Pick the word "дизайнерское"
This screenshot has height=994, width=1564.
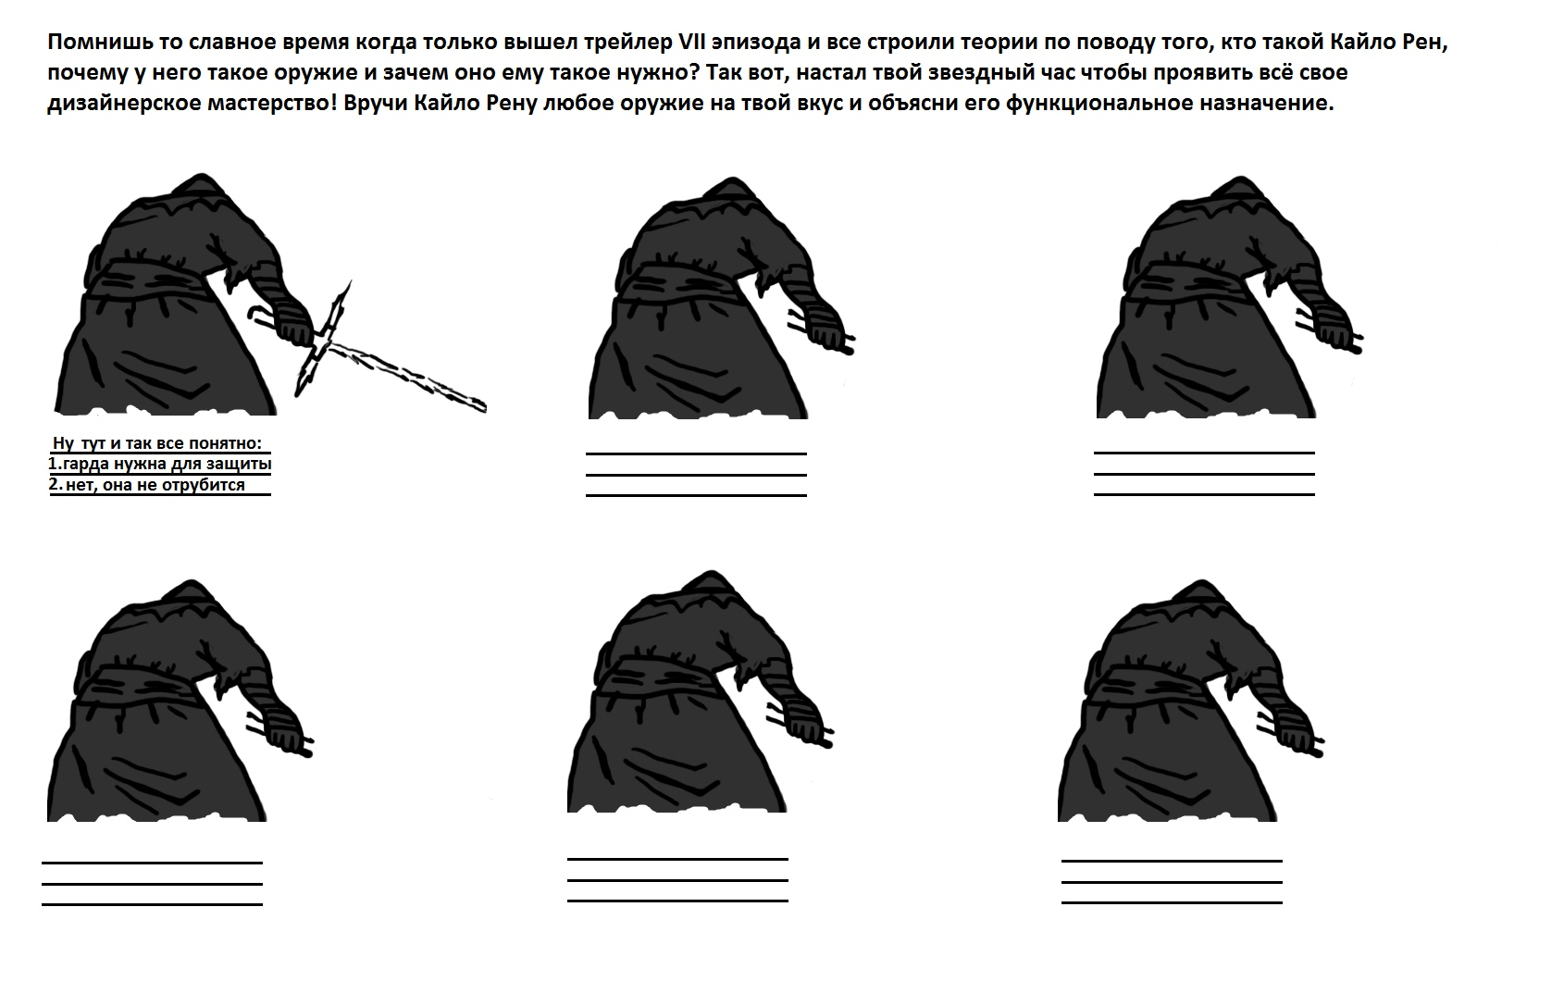tap(123, 104)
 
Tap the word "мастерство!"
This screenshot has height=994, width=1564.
tap(272, 104)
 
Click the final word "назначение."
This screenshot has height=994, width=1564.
tap(1267, 104)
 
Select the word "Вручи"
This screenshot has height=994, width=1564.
tap(375, 104)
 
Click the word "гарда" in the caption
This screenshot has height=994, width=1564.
tap(87, 465)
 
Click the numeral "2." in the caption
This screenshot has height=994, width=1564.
tap(56, 484)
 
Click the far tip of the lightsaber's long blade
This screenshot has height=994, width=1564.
tap(484, 406)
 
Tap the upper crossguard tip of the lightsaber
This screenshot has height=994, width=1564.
tap(350, 282)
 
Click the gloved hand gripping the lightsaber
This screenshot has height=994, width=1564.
tap(292, 322)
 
